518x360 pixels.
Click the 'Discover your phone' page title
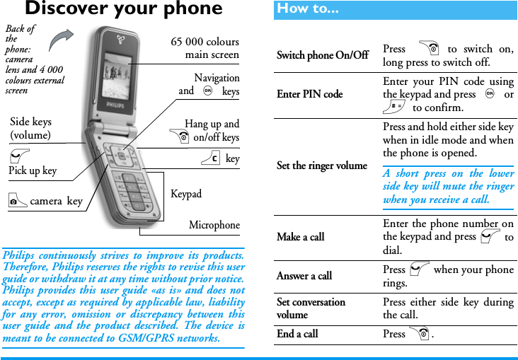pos(123,9)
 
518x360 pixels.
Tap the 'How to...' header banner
pos(308,9)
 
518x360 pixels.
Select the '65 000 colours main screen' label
pos(205,48)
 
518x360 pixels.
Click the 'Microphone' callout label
pos(214,226)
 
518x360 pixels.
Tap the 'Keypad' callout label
pos(186,194)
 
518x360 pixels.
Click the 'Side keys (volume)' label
pos(30,129)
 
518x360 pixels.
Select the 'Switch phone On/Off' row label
pos(322,56)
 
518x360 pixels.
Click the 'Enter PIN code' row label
pos(309,94)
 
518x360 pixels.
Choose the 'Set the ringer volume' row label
pos(322,166)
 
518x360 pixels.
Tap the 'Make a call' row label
pos(301,237)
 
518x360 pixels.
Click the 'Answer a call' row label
pos(304,276)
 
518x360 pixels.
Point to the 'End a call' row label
pos(297,334)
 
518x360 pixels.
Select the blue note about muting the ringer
pos(449,187)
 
